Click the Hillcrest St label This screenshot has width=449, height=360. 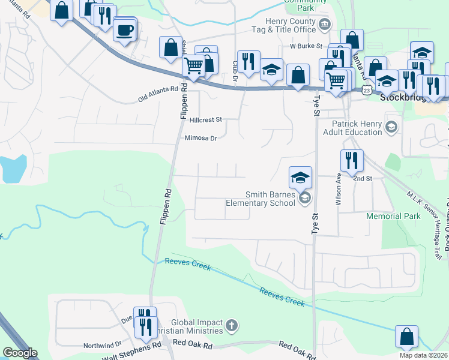pyautogui.click(x=205, y=120)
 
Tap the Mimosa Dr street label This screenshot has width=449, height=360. pyautogui.click(x=200, y=138)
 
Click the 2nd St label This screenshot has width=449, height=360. pyautogui.click(x=363, y=179)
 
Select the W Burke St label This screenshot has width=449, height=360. pyautogui.click(x=306, y=46)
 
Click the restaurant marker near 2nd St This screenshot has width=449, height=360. pyautogui.click(x=351, y=160)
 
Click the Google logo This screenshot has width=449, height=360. pyautogui.click(x=20, y=353)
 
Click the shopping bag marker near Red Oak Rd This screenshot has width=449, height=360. pyautogui.click(x=406, y=337)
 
